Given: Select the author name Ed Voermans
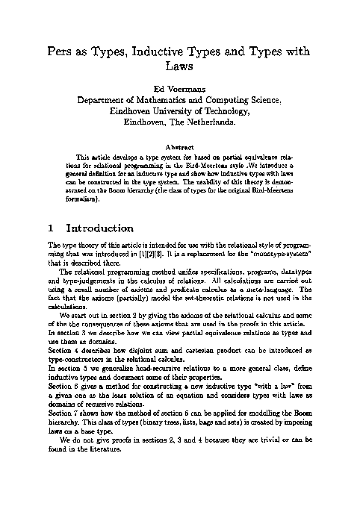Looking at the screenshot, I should coord(179,96).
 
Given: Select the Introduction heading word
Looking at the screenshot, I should coord(104,228).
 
